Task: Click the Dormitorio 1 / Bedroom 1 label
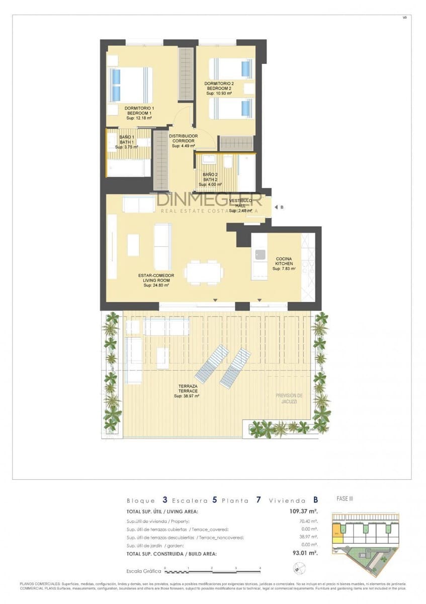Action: [x=139, y=111]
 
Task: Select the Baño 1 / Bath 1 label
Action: [x=127, y=139]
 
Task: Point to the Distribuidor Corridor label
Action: [x=183, y=138]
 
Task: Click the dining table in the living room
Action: [x=204, y=272]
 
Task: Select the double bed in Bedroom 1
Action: [x=130, y=85]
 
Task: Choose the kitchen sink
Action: [x=260, y=255]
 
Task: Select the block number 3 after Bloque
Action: [x=165, y=500]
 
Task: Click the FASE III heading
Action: [x=345, y=499]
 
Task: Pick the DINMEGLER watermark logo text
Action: [x=209, y=200]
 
